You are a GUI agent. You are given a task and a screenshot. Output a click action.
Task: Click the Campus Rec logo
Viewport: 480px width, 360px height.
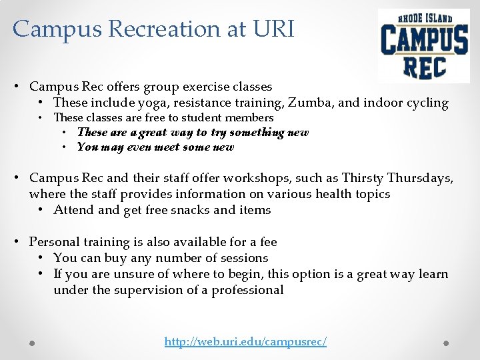tap(424, 45)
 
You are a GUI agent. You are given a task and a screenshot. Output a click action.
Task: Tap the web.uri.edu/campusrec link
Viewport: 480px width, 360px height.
tap(245, 341)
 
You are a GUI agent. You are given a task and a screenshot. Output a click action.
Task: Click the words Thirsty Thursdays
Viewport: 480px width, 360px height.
tap(397, 178)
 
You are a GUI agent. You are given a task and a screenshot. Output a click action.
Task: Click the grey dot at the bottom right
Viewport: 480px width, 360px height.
tap(447, 343)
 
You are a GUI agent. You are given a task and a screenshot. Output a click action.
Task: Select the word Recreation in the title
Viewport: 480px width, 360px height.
tap(167, 29)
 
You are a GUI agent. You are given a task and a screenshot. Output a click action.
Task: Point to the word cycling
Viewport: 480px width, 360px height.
tap(425, 103)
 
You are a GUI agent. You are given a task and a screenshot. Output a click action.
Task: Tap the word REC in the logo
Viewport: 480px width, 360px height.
tap(425, 66)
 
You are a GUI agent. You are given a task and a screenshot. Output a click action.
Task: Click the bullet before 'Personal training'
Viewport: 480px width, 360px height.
tap(20, 242)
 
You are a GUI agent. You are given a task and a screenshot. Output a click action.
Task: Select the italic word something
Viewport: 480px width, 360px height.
tap(257, 132)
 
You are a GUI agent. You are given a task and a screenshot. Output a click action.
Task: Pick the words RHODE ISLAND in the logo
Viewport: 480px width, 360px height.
tap(425, 18)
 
